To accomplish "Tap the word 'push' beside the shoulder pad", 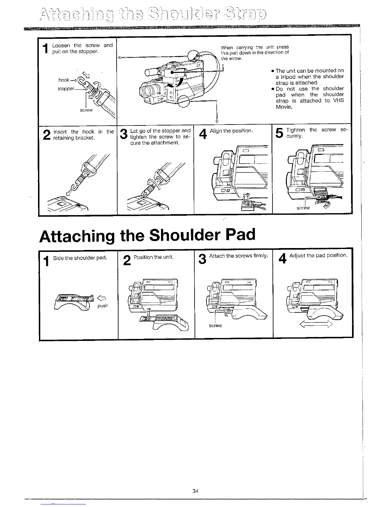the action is click(x=103, y=306).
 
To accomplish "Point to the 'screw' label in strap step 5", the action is click(x=303, y=208).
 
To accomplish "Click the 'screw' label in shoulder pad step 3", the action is click(x=215, y=326).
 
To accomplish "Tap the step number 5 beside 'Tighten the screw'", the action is click(x=279, y=133).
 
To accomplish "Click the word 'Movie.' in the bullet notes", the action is click(x=284, y=107).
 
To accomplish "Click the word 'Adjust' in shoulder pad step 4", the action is click(x=297, y=255).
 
